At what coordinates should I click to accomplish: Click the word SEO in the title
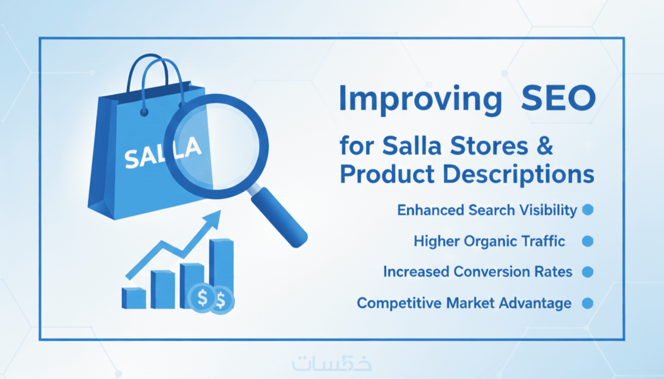(x=558, y=98)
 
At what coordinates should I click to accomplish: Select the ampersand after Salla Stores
(x=545, y=145)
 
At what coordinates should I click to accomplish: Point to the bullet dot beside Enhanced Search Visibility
(x=587, y=210)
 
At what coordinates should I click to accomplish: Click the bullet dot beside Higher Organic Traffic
(x=587, y=241)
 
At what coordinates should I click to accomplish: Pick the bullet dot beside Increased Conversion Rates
(x=587, y=272)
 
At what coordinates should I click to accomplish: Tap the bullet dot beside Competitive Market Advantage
(x=587, y=303)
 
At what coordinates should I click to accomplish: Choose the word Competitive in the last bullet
(x=399, y=303)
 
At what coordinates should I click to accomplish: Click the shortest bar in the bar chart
(x=134, y=298)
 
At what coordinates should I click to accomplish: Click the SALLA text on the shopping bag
(x=162, y=152)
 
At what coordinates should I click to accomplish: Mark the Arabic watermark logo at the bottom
(x=332, y=363)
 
